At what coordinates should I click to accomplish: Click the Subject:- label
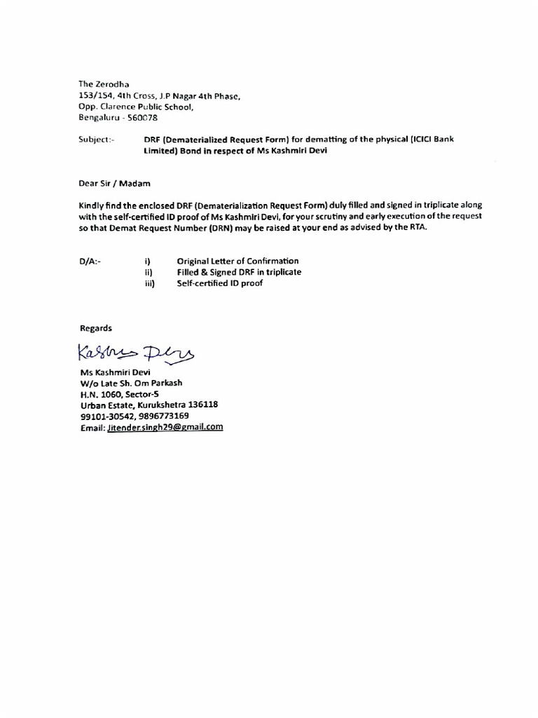97,140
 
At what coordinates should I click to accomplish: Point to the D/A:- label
90,262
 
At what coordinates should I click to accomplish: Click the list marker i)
148,262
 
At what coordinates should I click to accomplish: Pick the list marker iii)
149,283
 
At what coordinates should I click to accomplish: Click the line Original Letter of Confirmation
237,262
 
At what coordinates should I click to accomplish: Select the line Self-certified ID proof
220,283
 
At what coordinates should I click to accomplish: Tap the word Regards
95,328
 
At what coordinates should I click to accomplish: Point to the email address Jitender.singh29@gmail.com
165,427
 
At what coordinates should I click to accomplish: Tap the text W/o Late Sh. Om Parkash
131,383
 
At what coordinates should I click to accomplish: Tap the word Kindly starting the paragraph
92,205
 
